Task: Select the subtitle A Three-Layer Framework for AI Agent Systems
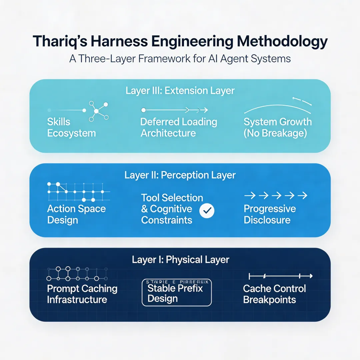pos(180,59)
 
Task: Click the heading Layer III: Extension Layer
pos(180,90)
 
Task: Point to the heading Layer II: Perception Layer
pos(180,175)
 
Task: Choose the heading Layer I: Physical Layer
pos(180,260)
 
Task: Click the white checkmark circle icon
pos(207,210)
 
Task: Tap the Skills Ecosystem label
pos(71,127)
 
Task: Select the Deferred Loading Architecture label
pos(179,127)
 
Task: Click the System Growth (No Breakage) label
pos(277,127)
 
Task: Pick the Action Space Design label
pos(76,214)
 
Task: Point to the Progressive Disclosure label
pos(270,214)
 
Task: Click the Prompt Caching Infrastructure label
pos(82,294)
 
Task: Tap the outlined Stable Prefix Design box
pos(177,292)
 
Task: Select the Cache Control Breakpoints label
pos(274,294)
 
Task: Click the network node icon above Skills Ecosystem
pos(97,111)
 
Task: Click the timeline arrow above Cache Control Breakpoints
pos(281,276)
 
